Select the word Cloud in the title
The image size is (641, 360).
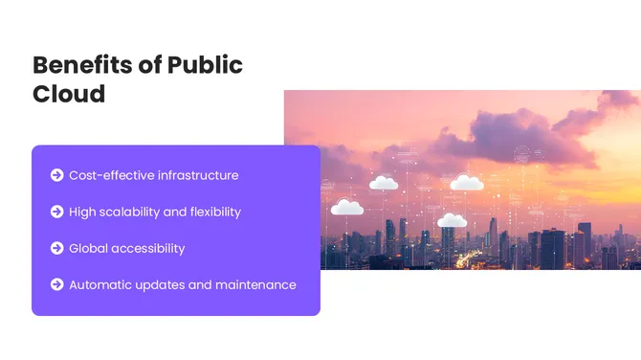click(69, 95)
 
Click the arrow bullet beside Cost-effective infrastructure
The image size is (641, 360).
click(57, 175)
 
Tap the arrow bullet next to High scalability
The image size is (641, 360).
click(57, 212)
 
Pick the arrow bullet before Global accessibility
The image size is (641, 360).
click(57, 248)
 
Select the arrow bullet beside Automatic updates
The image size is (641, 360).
click(57, 284)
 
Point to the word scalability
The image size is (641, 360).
click(133, 212)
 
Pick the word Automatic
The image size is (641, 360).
click(102, 284)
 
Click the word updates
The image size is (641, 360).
click(166, 284)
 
